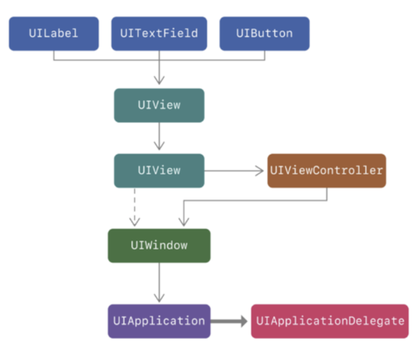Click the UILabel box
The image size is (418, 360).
pyautogui.click(x=54, y=34)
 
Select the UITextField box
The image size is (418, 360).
pyautogui.click(x=159, y=34)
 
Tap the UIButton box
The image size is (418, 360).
pyautogui.click(x=264, y=34)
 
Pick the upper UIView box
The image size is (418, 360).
pyautogui.click(x=159, y=105)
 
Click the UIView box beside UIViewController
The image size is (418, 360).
pyautogui.click(x=159, y=171)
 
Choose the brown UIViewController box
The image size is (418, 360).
pyautogui.click(x=326, y=171)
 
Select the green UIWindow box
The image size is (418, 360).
pyautogui.click(x=159, y=245)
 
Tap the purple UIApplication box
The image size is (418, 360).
pyautogui.click(x=159, y=321)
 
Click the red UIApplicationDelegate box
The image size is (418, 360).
pyautogui.click(x=330, y=321)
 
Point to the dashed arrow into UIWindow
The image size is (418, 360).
pyautogui.click(x=134, y=207)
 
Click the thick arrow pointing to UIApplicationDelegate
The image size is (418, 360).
pyautogui.click(x=229, y=322)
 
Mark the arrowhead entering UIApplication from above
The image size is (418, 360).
pyautogui.click(x=159, y=297)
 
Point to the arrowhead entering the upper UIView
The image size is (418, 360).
pyautogui.click(x=159, y=80)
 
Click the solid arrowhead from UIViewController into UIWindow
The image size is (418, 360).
pyautogui.click(x=184, y=221)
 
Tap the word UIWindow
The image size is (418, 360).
pyautogui.click(x=159, y=245)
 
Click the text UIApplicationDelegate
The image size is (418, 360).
pyautogui.click(x=330, y=321)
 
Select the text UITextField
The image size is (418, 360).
pyautogui.click(x=159, y=34)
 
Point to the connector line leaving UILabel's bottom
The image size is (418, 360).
pyautogui.click(x=54, y=55)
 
